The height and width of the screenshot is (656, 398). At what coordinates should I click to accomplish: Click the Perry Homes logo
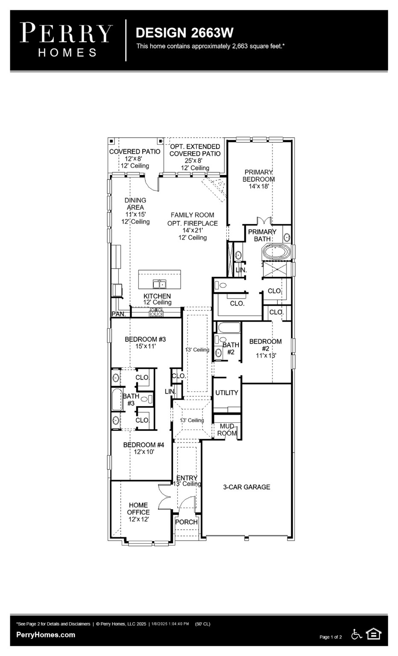[x=66, y=40]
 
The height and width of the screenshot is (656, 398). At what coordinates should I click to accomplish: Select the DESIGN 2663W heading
[x=184, y=33]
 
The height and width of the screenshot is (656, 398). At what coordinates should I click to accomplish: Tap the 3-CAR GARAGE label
[x=246, y=487]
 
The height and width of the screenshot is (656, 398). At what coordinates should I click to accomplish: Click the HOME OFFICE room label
[x=138, y=509]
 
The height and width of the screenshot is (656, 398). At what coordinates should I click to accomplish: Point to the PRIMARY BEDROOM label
[x=259, y=176]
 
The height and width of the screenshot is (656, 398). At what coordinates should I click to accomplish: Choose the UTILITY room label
[x=226, y=392]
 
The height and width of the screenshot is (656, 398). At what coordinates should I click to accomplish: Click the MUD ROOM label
[x=227, y=430]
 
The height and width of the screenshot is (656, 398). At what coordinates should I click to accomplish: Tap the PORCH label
[x=186, y=522]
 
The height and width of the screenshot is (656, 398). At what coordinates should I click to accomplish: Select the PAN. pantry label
[x=118, y=314]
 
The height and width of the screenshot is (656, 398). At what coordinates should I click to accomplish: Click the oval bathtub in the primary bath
[x=276, y=252]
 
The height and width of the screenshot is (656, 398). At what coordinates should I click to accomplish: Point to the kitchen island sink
[x=159, y=284]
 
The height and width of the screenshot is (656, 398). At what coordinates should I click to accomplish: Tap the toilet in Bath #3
[x=146, y=399]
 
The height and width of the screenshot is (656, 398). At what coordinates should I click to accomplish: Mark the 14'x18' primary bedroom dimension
[x=259, y=186]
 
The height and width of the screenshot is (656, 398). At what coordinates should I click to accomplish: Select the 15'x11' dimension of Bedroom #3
[x=145, y=346]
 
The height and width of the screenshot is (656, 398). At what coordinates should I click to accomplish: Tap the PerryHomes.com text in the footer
[x=46, y=635]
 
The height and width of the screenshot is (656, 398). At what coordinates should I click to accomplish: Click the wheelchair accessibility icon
[x=357, y=634]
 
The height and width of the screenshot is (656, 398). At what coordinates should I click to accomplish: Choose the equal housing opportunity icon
[x=374, y=634]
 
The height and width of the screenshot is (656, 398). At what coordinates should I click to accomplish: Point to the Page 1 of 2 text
[x=331, y=637]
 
